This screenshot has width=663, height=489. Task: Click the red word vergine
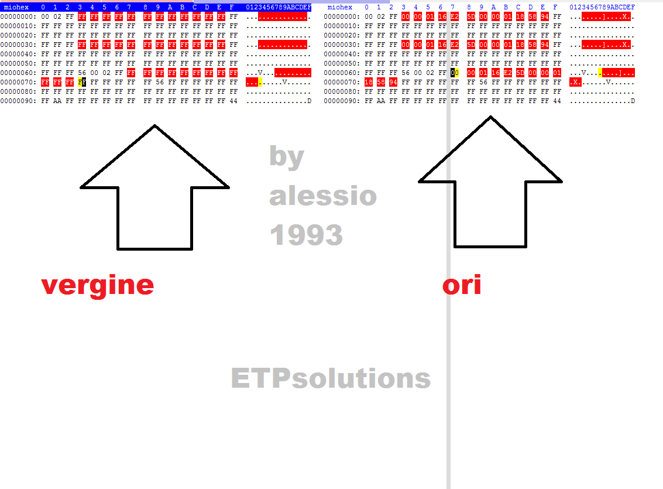coord(97,285)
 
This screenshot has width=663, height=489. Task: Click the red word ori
coord(462,285)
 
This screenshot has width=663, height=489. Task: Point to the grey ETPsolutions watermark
coord(331,378)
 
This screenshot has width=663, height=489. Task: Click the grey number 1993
coord(306,235)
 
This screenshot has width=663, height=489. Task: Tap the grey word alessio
coord(323,196)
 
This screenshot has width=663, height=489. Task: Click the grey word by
coord(287,156)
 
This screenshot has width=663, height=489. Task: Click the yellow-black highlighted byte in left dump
coord(82,83)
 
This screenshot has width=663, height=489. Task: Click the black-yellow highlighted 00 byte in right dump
coord(455,73)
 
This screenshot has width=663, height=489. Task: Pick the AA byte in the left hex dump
coord(57,101)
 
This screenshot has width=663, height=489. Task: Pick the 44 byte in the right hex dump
coord(557,101)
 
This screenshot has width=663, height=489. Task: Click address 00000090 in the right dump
coord(341,101)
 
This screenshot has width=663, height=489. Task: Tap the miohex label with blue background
coord(16,7)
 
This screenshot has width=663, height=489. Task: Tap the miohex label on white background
coord(340,7)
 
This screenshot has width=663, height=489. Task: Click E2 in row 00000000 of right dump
coord(455,17)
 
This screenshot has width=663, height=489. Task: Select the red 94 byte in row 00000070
coord(393,83)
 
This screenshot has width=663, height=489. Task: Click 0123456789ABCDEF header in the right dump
coord(602,7)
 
